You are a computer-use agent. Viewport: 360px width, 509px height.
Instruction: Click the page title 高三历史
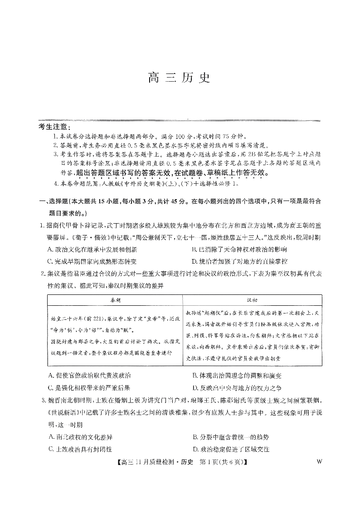[x=180, y=78]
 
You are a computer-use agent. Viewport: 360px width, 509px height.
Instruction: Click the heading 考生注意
[x=52, y=127]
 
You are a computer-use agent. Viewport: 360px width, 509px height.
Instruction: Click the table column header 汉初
[x=252, y=300]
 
